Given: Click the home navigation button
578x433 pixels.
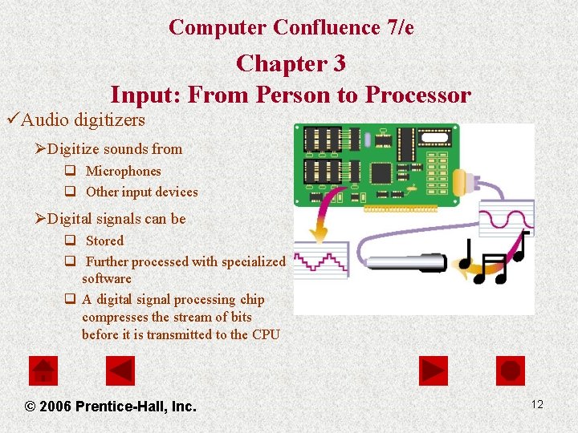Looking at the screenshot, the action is pos(43,370).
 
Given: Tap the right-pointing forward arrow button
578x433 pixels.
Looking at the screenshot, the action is pos(433,370).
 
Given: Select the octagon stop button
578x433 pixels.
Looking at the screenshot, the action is pos(511,370).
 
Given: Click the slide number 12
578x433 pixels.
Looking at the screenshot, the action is pos(537,404).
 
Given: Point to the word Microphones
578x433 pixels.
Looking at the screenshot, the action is pos(123,172).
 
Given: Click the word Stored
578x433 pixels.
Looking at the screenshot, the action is pos(104,241).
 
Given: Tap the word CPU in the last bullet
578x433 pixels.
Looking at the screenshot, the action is pos(266,334).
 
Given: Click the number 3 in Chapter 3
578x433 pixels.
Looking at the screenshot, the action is pos(339,63).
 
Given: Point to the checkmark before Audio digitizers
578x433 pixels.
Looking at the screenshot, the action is pos(13,119).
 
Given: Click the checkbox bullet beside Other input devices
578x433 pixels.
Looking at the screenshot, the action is pos(70,191).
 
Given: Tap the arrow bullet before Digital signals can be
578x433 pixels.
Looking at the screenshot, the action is pos(40,218).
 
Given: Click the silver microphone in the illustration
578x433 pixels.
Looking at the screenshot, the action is pos(406,263).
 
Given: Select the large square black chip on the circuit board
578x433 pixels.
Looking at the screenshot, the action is pos(381,173).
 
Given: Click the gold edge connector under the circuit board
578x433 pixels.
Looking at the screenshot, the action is pos(401,208).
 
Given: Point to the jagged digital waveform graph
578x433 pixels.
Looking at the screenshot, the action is pos(321,261).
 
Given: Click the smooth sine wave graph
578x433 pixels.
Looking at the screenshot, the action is pos(507,218).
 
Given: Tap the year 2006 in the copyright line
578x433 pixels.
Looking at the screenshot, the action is pos(55,406).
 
